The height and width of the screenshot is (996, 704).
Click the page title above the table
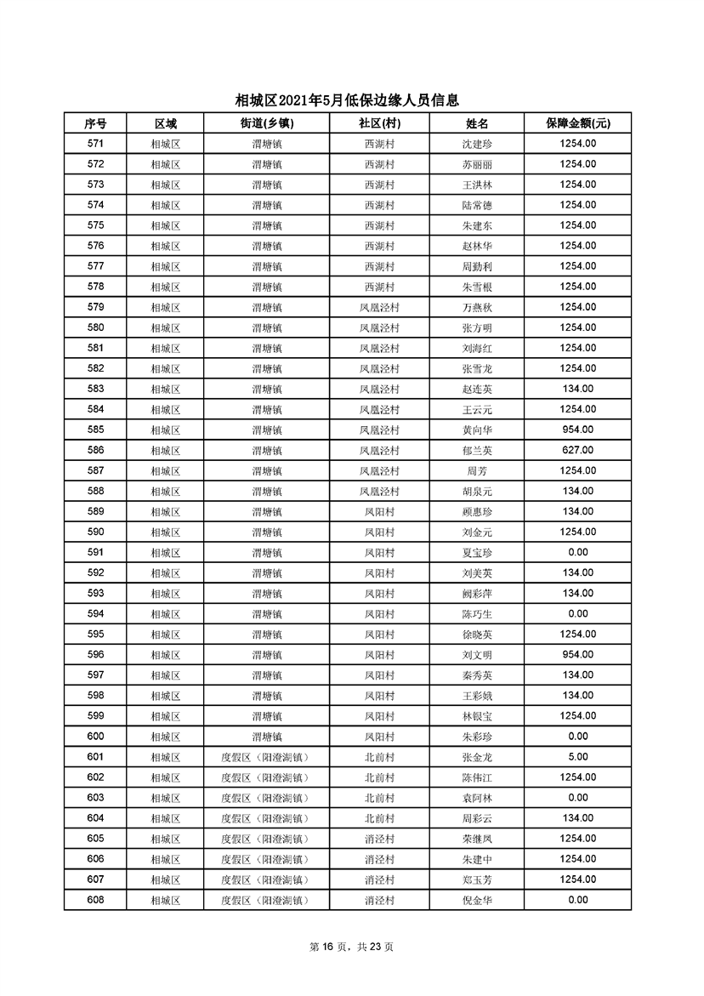click(351, 100)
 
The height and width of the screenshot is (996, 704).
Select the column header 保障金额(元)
click(577, 123)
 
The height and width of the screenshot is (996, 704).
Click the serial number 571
click(95, 144)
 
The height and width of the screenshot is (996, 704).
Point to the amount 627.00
click(577, 450)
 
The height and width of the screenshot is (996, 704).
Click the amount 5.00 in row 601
click(577, 756)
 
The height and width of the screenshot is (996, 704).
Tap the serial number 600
click(95, 736)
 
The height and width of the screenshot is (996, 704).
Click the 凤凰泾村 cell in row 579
click(379, 307)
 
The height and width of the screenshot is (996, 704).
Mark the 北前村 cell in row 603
click(379, 797)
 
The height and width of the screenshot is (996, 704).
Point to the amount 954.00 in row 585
click(577, 430)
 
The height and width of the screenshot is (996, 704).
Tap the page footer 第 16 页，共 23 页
click(351, 947)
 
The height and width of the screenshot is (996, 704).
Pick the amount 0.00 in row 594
click(577, 613)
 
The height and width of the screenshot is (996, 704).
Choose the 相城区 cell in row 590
click(165, 532)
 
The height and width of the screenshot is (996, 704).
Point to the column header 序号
click(95, 123)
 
